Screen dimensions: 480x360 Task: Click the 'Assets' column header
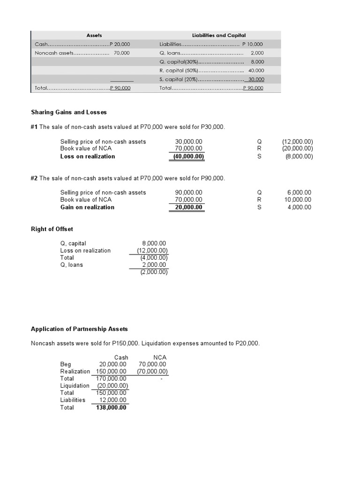[x=94, y=35]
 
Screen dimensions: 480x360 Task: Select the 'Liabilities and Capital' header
[x=219, y=35]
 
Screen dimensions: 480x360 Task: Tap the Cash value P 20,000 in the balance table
[x=120, y=44]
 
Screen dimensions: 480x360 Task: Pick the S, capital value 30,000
[x=256, y=79]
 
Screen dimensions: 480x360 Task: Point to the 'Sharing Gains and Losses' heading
[x=69, y=112]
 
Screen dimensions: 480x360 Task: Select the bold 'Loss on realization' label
[x=88, y=157]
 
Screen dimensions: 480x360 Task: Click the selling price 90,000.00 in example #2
[x=188, y=192]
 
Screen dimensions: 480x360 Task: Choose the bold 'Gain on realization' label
[x=87, y=207]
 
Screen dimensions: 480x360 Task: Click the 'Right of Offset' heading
[x=52, y=229]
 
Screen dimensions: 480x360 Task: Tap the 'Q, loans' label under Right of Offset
[x=72, y=265]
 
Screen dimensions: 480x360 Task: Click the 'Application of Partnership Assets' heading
[x=79, y=329]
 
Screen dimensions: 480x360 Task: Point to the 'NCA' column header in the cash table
[x=160, y=357]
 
